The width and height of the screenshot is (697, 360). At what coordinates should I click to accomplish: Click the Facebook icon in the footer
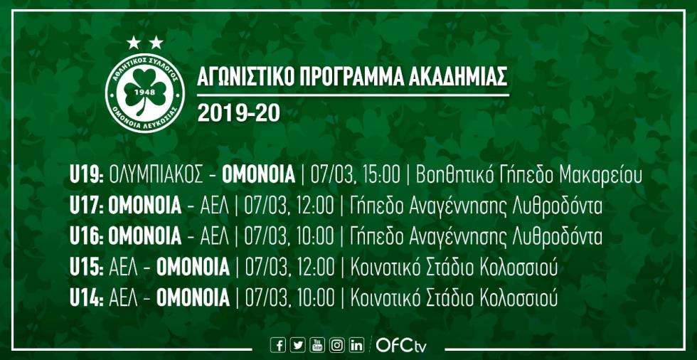pyautogui.click(x=278, y=345)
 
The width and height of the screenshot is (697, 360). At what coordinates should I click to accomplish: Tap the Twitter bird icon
pyautogui.click(x=297, y=345)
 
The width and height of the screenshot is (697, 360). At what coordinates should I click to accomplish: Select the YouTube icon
pyautogui.click(x=317, y=345)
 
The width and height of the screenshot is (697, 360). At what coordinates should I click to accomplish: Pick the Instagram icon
pyautogui.click(x=337, y=345)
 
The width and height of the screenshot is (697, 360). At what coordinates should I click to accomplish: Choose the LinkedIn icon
pyautogui.click(x=357, y=345)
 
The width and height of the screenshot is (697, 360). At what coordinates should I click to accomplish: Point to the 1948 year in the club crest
pyautogui.click(x=144, y=92)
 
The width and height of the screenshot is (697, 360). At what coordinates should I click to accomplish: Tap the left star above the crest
pyautogui.click(x=133, y=43)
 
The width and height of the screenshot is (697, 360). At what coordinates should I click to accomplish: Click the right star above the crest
pyautogui.click(x=156, y=43)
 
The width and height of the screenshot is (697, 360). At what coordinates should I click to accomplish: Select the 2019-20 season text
pyautogui.click(x=239, y=114)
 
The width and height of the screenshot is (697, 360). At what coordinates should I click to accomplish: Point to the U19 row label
pyautogui.click(x=87, y=176)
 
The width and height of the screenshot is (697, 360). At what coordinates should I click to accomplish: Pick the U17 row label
pyautogui.click(x=87, y=206)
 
